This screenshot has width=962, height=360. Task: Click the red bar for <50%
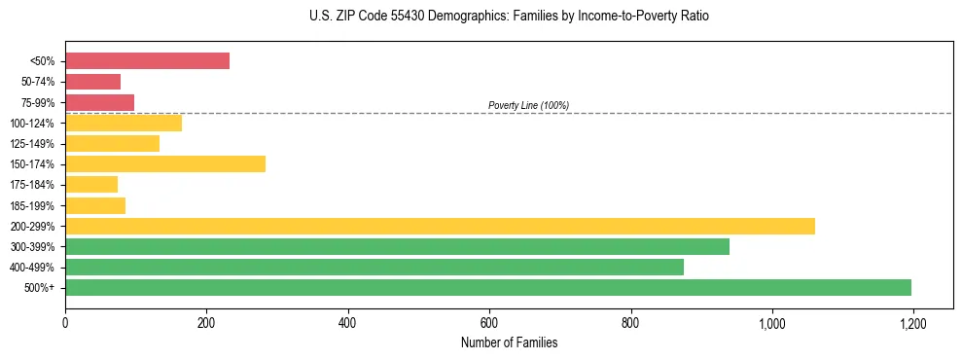(147, 60)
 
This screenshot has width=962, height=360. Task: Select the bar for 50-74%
(92, 82)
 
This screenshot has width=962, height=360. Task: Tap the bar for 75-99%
(99, 102)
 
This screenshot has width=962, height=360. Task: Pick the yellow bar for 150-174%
(165, 163)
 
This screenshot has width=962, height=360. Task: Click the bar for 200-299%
(440, 226)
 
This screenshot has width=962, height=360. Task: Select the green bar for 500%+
(488, 287)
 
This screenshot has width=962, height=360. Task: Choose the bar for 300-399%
(397, 246)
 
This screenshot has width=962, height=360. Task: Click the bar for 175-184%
(91, 184)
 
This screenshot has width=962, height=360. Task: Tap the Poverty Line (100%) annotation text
(528, 105)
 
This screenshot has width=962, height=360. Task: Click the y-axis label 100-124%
(32, 124)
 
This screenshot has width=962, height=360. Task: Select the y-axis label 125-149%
(32, 144)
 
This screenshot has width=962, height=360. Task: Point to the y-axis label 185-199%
(32, 205)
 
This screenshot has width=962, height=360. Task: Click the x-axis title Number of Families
(509, 342)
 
